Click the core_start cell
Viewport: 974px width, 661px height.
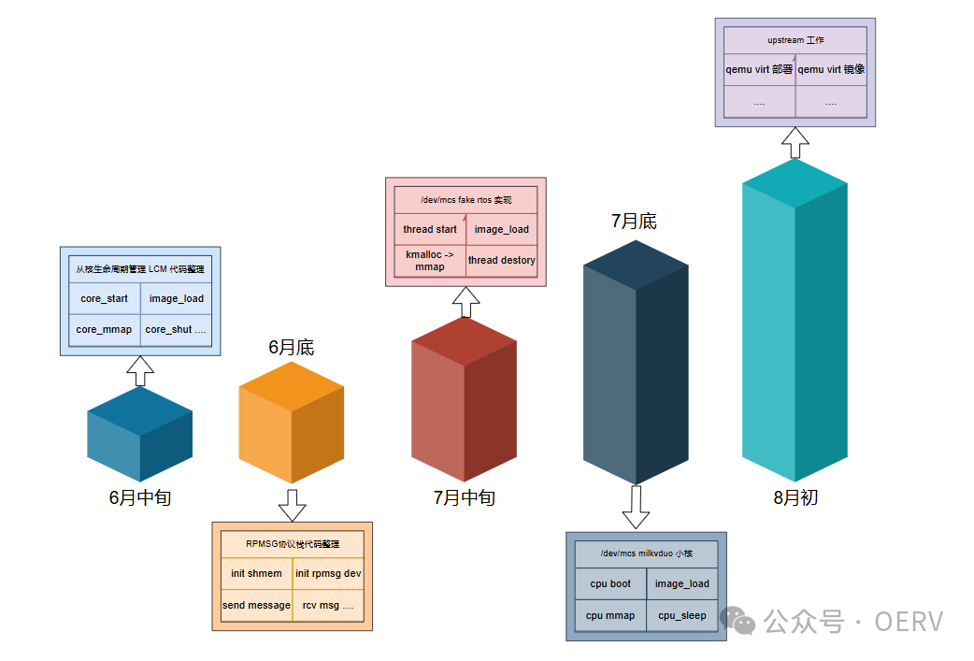click(104, 299)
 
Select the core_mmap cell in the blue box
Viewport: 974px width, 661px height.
click(104, 329)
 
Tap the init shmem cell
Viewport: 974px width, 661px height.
click(256, 573)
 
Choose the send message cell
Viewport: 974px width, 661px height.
click(256, 605)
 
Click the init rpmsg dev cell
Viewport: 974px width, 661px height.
click(328, 573)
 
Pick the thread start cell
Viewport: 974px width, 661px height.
click(430, 229)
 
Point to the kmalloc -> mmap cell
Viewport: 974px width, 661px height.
click(430, 260)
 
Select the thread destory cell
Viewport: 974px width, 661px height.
click(502, 260)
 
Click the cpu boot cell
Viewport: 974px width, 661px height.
click(610, 583)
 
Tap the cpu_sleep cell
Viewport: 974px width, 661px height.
click(682, 615)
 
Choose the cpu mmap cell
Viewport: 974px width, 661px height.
click(610, 615)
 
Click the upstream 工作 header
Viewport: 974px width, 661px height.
click(795, 40)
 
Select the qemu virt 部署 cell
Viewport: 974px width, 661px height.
click(759, 69)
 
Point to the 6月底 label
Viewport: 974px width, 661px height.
click(292, 348)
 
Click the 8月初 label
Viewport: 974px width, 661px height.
click(795, 497)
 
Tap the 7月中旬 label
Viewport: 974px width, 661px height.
click(465, 497)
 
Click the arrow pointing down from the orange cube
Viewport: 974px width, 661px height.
click(293, 505)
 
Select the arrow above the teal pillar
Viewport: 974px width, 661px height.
click(795, 143)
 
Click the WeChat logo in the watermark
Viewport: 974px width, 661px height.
click(743, 621)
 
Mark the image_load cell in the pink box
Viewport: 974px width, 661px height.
click(502, 229)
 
